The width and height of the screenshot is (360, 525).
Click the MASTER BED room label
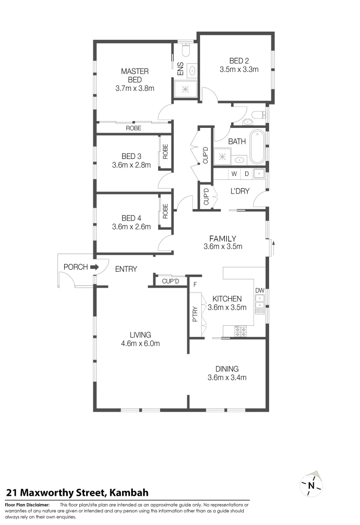pyautogui.click(x=135, y=75)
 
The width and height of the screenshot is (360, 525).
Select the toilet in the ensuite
pyautogui.click(x=184, y=51)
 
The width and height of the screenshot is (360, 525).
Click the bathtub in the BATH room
pyautogui.click(x=256, y=146)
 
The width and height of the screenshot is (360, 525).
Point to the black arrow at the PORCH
pyautogui.click(x=94, y=267)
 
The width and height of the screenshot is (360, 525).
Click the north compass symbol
pyautogui.click(x=310, y=485)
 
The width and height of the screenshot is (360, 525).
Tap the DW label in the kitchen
pyautogui.click(x=260, y=291)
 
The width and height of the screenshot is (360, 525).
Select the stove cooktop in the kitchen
pyautogui.click(x=240, y=331)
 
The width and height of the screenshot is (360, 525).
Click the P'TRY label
pyautogui.click(x=195, y=315)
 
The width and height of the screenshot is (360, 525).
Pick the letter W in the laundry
pyautogui.click(x=234, y=174)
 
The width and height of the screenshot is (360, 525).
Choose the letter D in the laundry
pyautogui.click(x=246, y=174)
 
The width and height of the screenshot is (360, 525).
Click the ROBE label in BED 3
pyautogui.click(x=165, y=152)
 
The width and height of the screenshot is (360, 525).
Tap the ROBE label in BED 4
pyautogui.click(x=165, y=211)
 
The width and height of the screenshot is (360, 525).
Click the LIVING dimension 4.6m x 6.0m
pyautogui.click(x=140, y=343)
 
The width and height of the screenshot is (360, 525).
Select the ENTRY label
pyautogui.click(x=126, y=269)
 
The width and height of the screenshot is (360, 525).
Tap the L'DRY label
pyautogui.click(x=240, y=191)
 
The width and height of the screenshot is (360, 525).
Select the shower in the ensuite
pyautogui.click(x=186, y=88)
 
